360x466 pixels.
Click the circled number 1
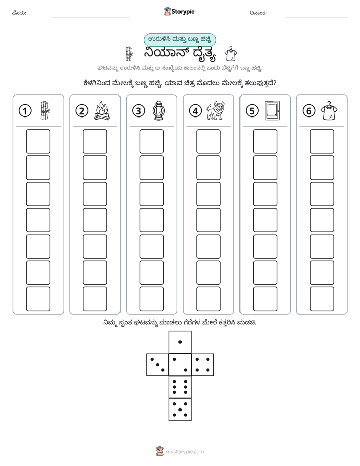(25, 111)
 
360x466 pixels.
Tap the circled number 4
(195, 111)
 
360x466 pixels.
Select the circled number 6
(309, 111)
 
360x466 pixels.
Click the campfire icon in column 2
(102, 111)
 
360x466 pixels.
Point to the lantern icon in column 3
(159, 111)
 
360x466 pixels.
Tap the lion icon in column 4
(216, 110)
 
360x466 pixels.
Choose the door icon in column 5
(272, 111)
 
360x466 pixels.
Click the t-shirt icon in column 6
(329, 111)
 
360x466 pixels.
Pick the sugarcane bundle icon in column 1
(45, 111)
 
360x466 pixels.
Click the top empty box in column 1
(38, 141)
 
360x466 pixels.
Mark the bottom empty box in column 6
(322, 299)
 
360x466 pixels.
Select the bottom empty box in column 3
(151, 299)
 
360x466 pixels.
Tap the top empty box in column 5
(265, 141)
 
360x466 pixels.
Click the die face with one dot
(180, 342)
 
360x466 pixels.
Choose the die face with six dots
(180, 387)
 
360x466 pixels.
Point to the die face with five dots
(180, 409)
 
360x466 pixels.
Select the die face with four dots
(203, 365)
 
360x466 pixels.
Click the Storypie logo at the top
(179, 12)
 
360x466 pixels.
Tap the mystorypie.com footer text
(185, 452)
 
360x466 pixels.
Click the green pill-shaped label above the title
(179, 40)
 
